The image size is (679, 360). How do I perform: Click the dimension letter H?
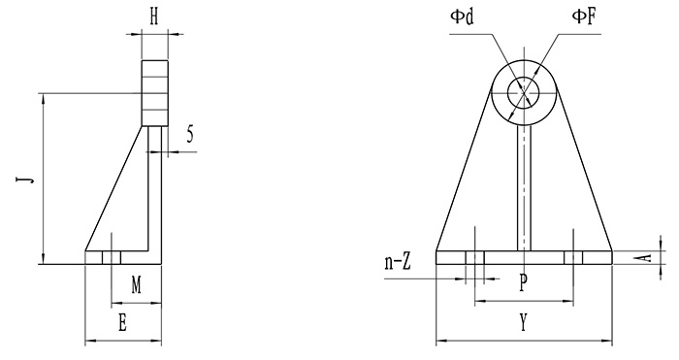(x=154, y=17)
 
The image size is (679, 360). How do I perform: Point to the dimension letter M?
(x=137, y=285)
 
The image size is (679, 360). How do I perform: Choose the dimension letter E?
(x=123, y=323)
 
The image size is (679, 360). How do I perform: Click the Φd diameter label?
(x=462, y=16)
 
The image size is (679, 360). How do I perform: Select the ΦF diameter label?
(x=584, y=16)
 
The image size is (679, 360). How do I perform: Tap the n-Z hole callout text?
(x=397, y=263)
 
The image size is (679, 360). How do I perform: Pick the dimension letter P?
(x=524, y=283)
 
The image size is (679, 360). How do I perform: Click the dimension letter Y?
(x=524, y=323)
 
